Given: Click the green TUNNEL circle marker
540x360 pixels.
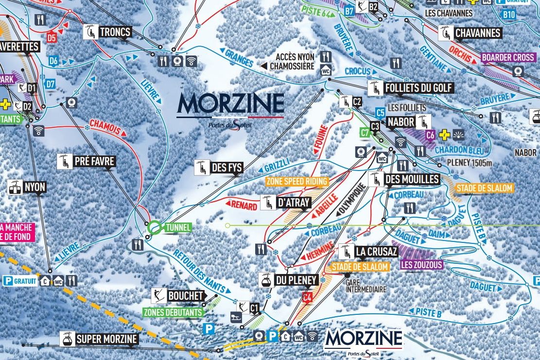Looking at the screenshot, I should pyautogui.click(x=155, y=227).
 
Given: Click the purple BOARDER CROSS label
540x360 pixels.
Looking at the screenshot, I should pyautogui.click(x=508, y=57).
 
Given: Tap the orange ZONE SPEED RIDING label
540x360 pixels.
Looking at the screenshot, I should pyautogui.click(x=297, y=181).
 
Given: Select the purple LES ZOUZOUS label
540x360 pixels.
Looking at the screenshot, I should pyautogui.click(x=421, y=265).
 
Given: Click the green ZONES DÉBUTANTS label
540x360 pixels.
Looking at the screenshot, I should pyautogui.click(x=173, y=312).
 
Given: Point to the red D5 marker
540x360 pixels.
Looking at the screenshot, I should pyautogui.click(x=52, y=36).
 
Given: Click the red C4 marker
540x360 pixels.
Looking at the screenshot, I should pyautogui.click(x=307, y=297).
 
